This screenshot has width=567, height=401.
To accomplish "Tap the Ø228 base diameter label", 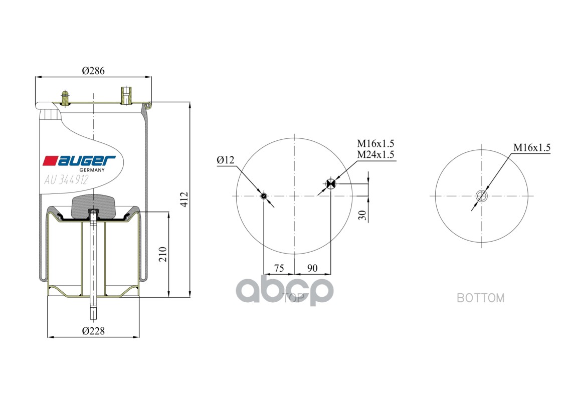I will pyautogui.click(x=93, y=331).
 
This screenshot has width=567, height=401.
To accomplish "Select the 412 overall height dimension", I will pyautogui.click(x=184, y=199).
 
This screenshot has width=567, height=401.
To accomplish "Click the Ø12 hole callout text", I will pyautogui.click(x=226, y=160).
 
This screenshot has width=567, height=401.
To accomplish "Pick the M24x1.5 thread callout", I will pyautogui.click(x=375, y=154).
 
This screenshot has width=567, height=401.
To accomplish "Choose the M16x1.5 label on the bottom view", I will pyautogui.click(x=531, y=147).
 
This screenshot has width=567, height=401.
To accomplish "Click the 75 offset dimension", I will pyautogui.click(x=279, y=268).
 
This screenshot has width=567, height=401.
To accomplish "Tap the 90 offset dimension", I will pyautogui.click(x=312, y=268).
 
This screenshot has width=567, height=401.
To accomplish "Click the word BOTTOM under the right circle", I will pyautogui.click(x=480, y=298).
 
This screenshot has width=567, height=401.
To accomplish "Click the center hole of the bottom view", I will pyautogui.click(x=482, y=196).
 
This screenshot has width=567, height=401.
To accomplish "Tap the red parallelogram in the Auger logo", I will pyautogui.click(x=50, y=160).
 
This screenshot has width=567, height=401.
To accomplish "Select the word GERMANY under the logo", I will pyautogui.click(x=92, y=170).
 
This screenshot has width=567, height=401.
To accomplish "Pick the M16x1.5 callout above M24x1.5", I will pyautogui.click(x=375, y=144).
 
